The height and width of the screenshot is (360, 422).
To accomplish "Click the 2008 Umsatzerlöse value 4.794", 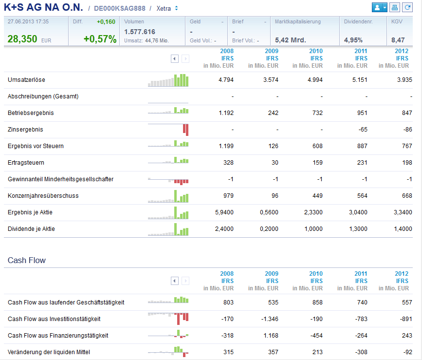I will pos(225,80).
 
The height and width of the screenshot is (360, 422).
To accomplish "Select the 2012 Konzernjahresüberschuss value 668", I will pos(406,196).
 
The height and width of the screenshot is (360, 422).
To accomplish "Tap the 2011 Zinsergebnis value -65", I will pos(362,130).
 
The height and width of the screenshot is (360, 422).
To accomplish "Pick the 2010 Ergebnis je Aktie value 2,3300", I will pos(313,212).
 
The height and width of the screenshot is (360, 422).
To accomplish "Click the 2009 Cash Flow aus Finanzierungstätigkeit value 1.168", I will pos(270,336).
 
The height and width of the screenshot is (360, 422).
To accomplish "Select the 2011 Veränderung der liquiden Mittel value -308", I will pos(361,352).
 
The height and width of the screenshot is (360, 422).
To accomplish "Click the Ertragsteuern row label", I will pos(26,163).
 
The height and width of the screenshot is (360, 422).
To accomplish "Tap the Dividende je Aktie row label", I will pos(31,229).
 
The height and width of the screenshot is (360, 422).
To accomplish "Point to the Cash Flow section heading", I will pos(27,261).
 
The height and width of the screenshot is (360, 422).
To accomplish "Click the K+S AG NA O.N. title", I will pos(43,8).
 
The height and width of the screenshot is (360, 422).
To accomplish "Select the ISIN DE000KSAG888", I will pos(119,9).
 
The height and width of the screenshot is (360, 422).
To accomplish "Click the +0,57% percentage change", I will pos(100,39).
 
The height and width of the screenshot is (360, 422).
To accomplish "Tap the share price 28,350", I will pos(22,39).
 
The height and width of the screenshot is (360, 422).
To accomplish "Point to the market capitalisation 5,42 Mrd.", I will pos(291,40).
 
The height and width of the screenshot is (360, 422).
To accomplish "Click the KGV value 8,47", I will pos(398,40).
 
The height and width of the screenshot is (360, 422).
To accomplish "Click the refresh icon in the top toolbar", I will pos(407,8).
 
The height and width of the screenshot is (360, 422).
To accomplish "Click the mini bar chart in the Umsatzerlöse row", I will pos(168,80).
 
